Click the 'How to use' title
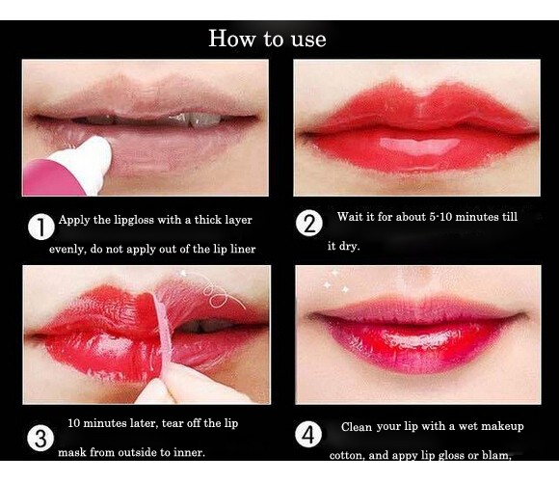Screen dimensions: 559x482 (x=267, y=39)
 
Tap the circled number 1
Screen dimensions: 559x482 (x=41, y=227)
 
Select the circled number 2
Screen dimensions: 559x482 (x=309, y=224)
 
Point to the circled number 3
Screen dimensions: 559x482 (x=40, y=439)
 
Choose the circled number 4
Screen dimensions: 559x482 (x=308, y=434)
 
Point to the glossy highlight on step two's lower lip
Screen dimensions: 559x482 (x=419, y=146)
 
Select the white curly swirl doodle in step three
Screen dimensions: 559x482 (x=216, y=290)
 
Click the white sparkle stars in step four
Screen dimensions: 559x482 (x=335, y=281)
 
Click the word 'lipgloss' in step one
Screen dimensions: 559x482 (x=134, y=220)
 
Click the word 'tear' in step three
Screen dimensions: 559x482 (x=173, y=423)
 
